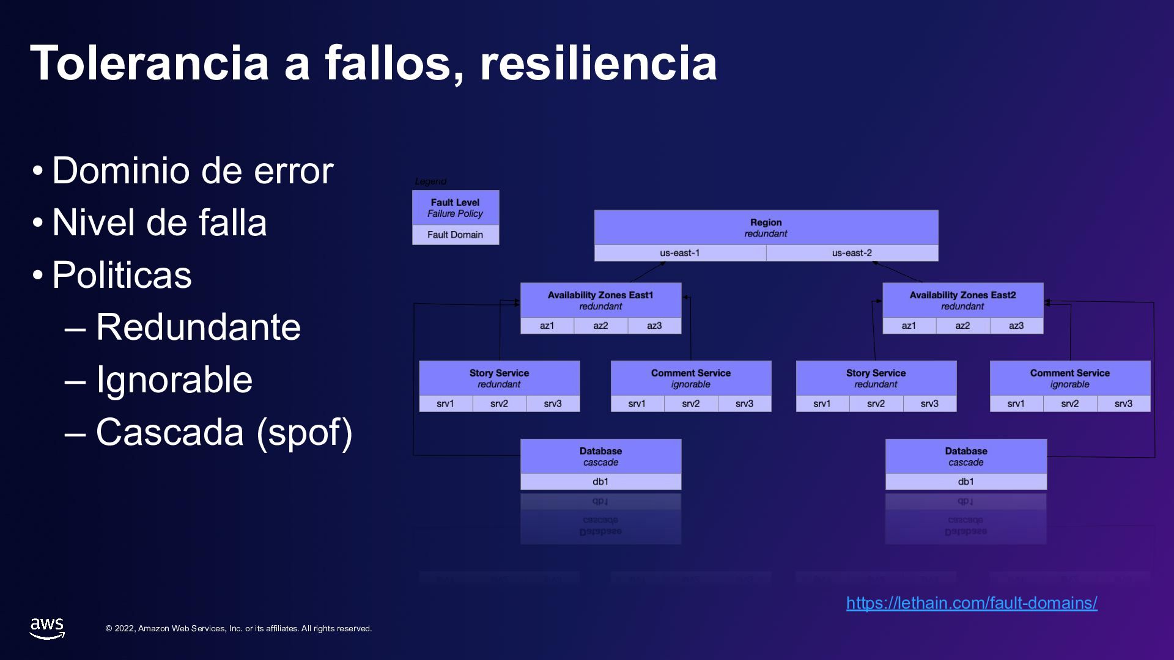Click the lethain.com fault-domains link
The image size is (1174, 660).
(971, 603)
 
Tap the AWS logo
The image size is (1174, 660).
(47, 628)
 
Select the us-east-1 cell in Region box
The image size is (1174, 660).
(680, 253)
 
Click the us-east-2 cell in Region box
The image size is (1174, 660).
(852, 253)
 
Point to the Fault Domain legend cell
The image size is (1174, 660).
(455, 235)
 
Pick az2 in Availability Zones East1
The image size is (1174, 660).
(600, 326)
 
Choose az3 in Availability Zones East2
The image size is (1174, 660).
(1016, 326)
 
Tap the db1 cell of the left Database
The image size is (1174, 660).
(600, 482)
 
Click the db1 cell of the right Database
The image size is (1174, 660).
(965, 482)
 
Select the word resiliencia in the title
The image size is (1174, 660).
(598, 64)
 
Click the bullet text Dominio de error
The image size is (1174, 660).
(193, 170)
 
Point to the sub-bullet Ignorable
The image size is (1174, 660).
(174, 380)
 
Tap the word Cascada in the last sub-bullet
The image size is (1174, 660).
(170, 432)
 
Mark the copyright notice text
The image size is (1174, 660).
(238, 629)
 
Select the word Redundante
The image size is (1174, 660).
(198, 327)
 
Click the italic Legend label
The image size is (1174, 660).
(430, 182)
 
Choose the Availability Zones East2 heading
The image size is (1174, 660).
(962, 295)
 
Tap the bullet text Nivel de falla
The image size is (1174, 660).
(160, 222)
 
